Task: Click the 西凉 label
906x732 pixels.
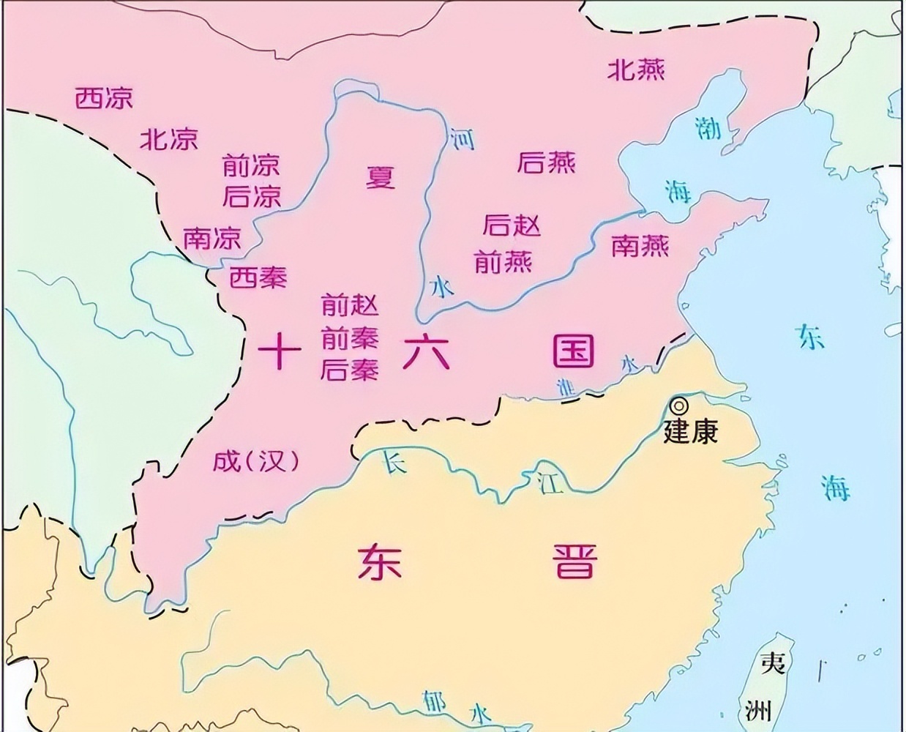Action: (x=105, y=98)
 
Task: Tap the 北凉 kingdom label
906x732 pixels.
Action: (x=168, y=139)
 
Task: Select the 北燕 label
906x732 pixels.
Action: (x=636, y=70)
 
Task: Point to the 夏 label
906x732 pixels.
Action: (x=381, y=177)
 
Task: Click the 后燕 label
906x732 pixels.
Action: (x=546, y=163)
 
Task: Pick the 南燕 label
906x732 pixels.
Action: (x=640, y=246)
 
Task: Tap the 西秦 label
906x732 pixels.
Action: (x=258, y=277)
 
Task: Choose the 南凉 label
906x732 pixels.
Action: (x=211, y=239)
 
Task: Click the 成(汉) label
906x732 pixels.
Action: (x=256, y=461)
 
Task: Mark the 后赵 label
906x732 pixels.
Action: (x=511, y=226)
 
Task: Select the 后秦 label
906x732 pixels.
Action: (x=350, y=370)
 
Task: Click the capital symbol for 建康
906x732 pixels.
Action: (x=680, y=405)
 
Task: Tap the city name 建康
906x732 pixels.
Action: (x=690, y=431)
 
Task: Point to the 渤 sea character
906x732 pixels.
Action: (x=708, y=130)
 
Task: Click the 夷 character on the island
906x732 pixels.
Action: (x=773, y=664)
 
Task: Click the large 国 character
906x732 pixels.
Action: (x=573, y=353)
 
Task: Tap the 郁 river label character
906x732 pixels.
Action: (x=433, y=701)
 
